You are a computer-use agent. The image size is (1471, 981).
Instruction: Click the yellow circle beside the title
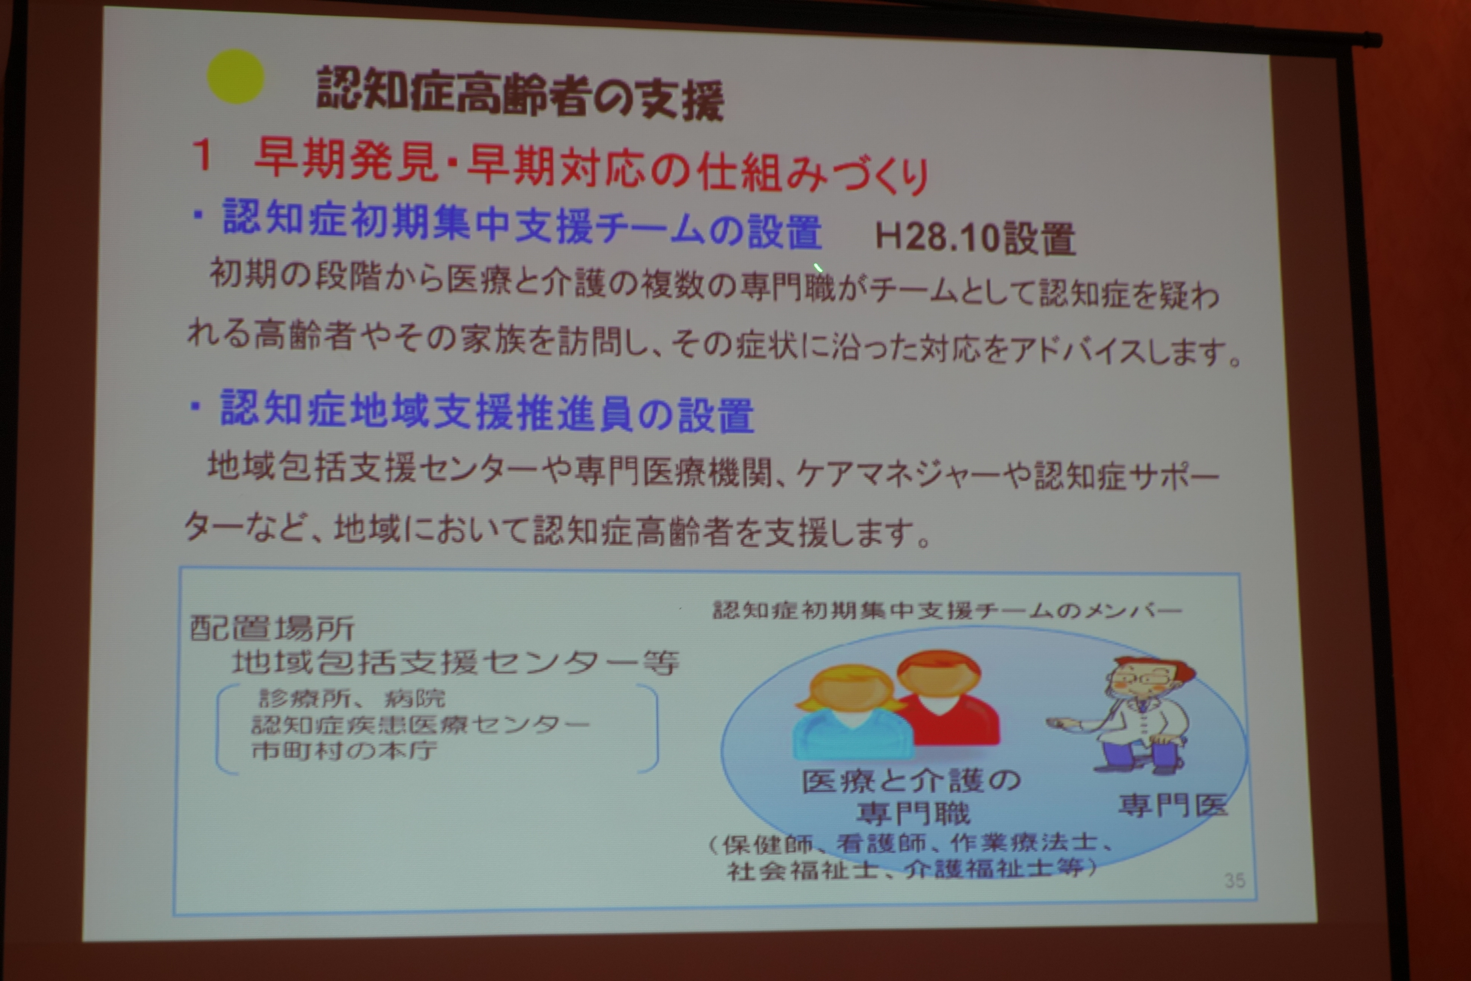click(x=235, y=76)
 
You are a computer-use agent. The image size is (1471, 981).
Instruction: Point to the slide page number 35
click(x=1235, y=881)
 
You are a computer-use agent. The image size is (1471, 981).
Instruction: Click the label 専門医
click(x=1172, y=805)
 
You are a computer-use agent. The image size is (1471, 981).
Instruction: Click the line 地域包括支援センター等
click(x=455, y=663)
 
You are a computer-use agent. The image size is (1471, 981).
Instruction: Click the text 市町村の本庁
click(x=344, y=750)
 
